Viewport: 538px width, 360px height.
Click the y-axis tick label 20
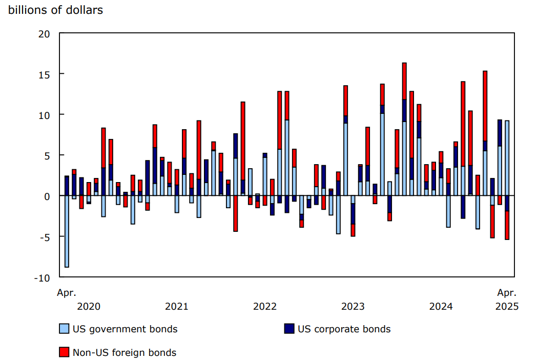coord(44,34)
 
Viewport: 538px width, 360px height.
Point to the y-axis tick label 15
coord(44,74)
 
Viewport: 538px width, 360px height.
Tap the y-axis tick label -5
coord(44,237)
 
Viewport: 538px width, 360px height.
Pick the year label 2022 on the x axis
coord(265,307)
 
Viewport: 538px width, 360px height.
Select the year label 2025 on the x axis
coord(507,307)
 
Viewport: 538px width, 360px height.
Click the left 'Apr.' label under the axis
coord(66,293)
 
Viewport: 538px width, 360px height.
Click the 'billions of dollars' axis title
coord(55,10)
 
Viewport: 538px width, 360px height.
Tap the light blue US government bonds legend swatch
coord(64,329)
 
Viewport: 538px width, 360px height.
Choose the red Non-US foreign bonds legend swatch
coord(64,352)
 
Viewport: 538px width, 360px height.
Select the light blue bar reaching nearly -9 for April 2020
coord(67,231)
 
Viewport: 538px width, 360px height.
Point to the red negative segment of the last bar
coord(507,225)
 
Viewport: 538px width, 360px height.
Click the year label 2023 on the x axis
coord(353,307)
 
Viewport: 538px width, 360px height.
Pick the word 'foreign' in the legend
coord(136,353)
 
